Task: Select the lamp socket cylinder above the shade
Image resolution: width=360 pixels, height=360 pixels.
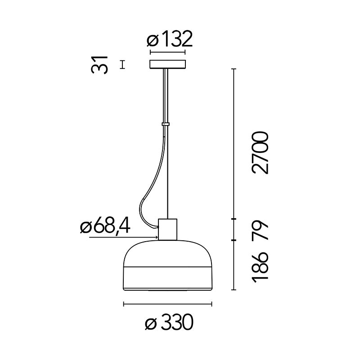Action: (168, 229)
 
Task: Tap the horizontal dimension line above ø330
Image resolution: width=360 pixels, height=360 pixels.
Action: (167, 304)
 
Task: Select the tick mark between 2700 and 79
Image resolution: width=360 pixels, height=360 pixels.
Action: (234, 219)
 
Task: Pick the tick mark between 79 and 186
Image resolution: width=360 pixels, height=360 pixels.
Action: (234, 240)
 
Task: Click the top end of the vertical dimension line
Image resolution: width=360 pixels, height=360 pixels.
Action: (234, 69)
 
